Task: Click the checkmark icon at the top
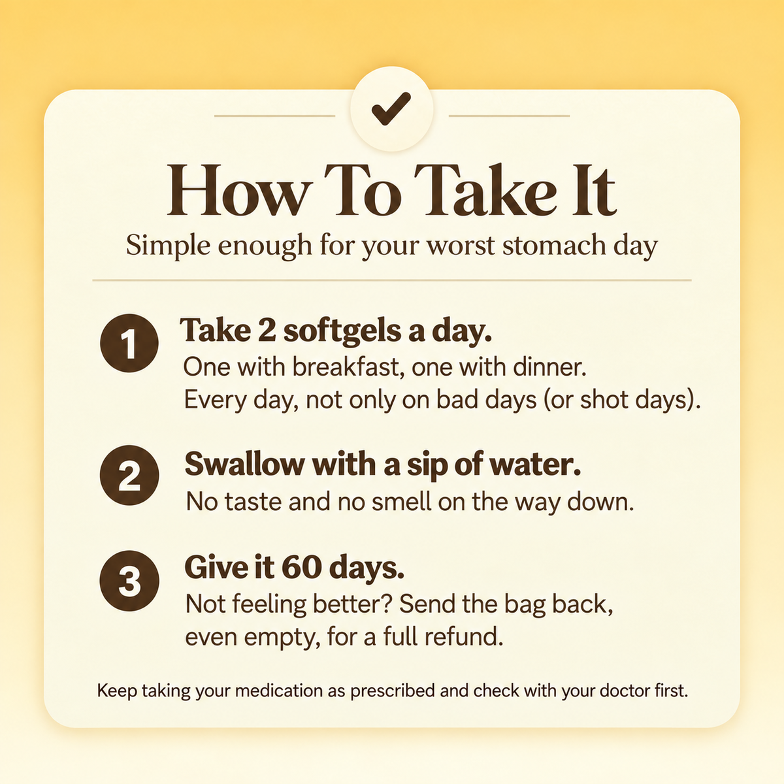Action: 391,108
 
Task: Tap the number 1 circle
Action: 129,343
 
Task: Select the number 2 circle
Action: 129,475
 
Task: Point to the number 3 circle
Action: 129,581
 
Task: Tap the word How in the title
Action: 240,190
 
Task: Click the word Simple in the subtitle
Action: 168,246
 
